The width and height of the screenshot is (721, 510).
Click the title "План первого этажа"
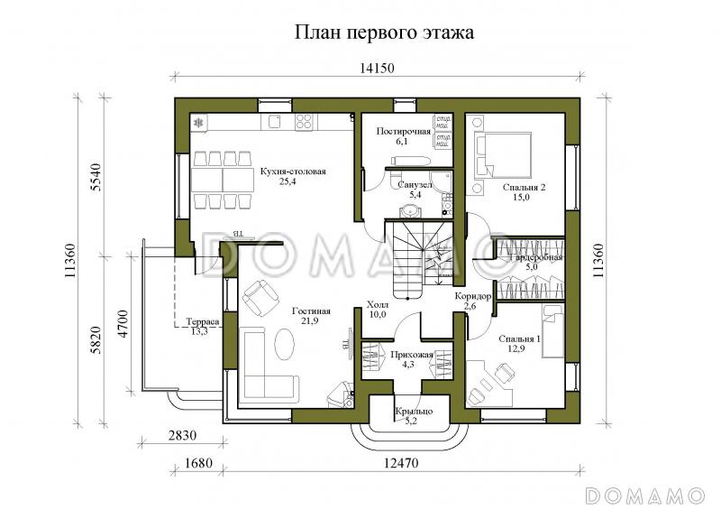coord(384,32)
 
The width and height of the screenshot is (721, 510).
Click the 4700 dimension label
coord(124,324)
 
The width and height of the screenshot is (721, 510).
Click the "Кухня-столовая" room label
coord(293,171)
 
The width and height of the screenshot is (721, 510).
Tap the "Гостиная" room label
coord(311,311)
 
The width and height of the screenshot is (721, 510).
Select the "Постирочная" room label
coord(404,131)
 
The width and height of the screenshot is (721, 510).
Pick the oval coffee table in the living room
coord(282,345)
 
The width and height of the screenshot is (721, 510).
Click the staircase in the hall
coord(416,257)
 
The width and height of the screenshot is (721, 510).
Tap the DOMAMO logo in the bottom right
coord(644,496)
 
